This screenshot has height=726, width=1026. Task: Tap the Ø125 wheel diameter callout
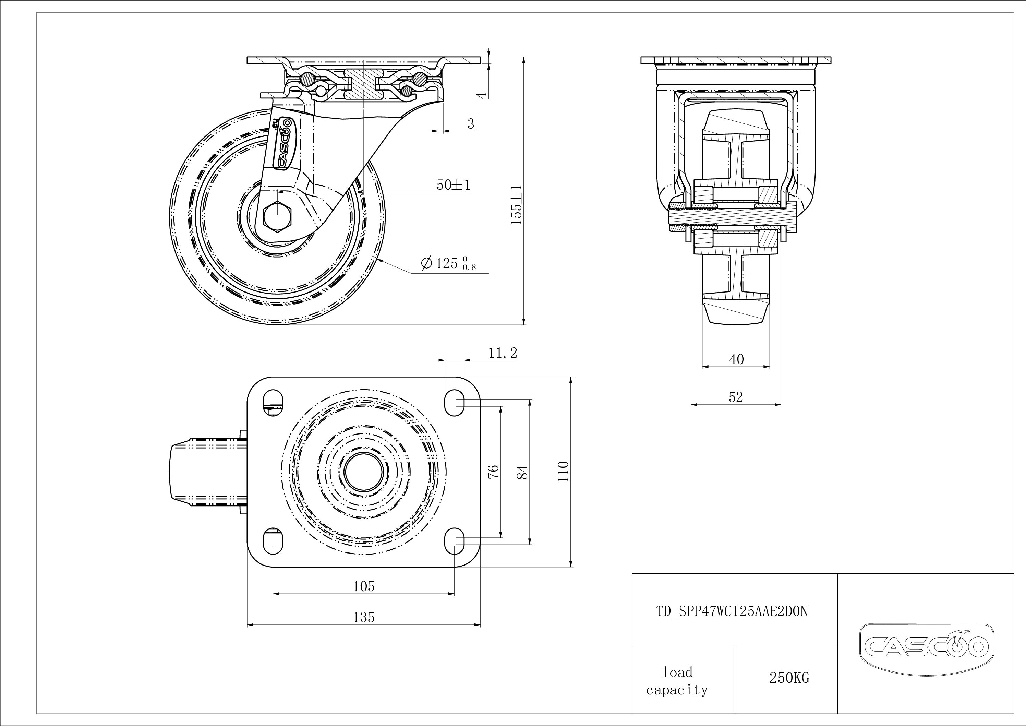pyautogui.click(x=448, y=264)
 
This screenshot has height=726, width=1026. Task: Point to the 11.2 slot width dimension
pyautogui.click(x=503, y=353)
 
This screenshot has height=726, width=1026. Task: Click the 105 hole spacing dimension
pyautogui.click(x=364, y=586)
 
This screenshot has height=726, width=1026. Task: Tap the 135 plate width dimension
pyautogui.click(x=364, y=617)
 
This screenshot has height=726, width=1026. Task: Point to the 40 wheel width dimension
pyautogui.click(x=736, y=359)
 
